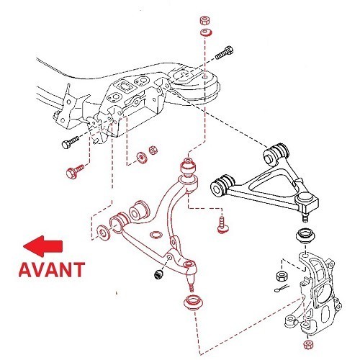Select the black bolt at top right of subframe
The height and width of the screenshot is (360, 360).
click(x=223, y=52)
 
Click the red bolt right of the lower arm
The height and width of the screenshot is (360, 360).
click(x=222, y=225)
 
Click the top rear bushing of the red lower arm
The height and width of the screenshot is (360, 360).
click(x=189, y=168)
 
